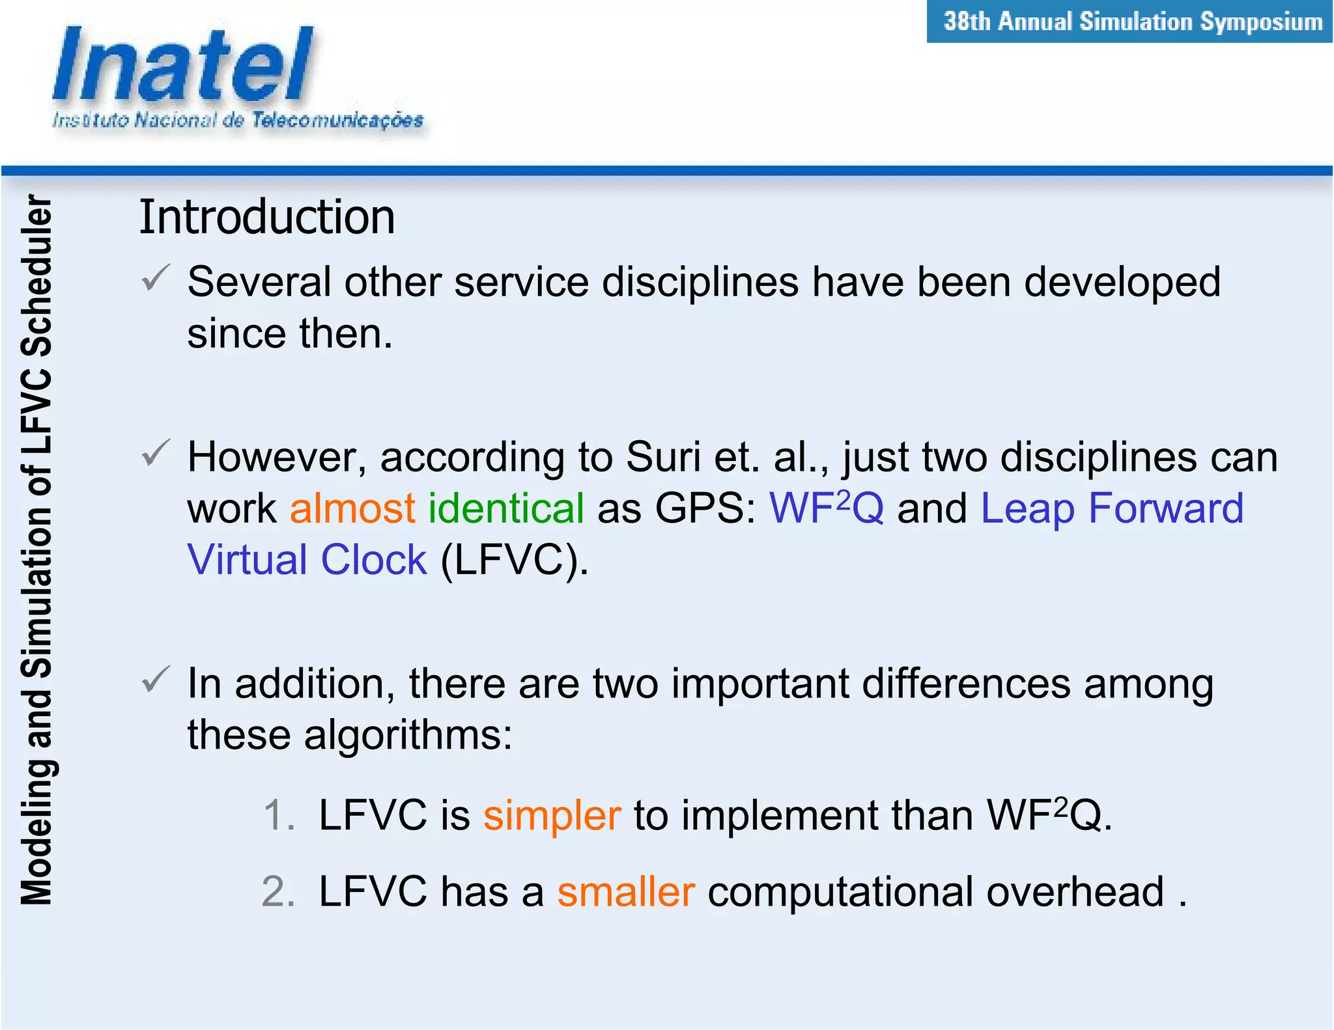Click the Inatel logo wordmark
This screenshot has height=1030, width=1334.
click(183, 65)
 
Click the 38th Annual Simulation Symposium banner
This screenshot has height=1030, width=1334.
click(1132, 21)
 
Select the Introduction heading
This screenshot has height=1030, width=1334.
click(267, 217)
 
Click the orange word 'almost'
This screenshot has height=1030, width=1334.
click(352, 508)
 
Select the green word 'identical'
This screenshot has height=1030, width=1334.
click(506, 508)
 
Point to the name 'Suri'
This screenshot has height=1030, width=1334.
click(663, 457)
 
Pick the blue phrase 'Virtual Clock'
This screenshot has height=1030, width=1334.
click(307, 560)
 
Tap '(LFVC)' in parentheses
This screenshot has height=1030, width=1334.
click(514, 560)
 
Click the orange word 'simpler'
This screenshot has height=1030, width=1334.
click(552, 816)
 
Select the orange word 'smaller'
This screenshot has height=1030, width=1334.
click(626, 892)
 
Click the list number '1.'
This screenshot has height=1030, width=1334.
click(279, 816)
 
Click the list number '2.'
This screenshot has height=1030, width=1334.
click(278, 892)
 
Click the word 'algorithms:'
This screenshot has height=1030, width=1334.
click(408, 736)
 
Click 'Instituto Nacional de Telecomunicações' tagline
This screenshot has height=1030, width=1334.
click(238, 120)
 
